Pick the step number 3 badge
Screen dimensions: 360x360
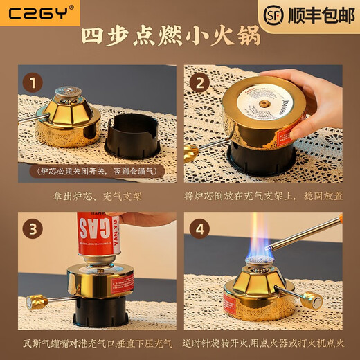[x=30, y=229]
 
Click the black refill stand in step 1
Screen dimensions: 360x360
[x=132, y=136]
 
